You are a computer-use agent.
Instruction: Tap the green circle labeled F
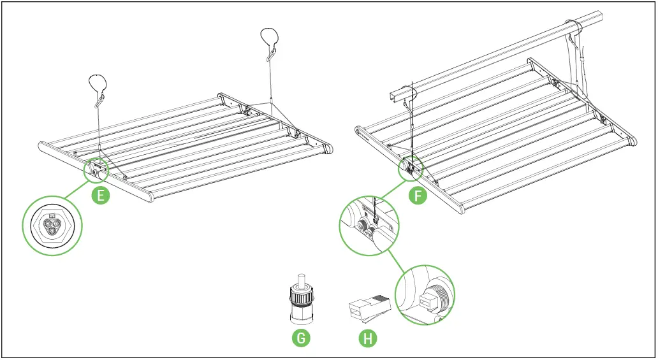pos(418,196)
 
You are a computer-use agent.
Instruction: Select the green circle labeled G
pos(301,337)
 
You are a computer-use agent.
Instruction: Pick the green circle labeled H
pos(367,338)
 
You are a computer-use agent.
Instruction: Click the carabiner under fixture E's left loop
pos(99,101)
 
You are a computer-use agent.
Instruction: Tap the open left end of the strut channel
pos(393,95)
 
